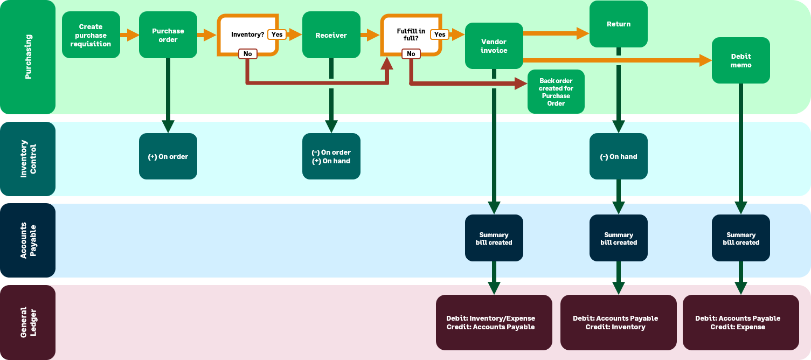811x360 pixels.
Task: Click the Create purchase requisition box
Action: [91, 35]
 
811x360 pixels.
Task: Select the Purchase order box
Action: [168, 35]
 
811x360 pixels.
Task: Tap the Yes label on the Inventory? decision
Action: [277, 34]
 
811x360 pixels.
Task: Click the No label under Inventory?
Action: [248, 54]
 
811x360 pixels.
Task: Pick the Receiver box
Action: [331, 35]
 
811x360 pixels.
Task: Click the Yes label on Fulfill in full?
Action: [440, 34]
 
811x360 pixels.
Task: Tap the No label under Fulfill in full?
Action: [411, 54]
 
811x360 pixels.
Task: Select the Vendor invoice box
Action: [494, 46]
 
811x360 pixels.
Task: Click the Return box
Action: [618, 24]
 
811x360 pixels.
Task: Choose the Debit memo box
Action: [740, 60]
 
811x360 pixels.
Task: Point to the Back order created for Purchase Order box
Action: [556, 92]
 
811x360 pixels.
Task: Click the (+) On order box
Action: [168, 156]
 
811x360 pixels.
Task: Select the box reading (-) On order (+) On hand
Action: [331, 156]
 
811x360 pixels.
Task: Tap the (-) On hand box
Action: [618, 156]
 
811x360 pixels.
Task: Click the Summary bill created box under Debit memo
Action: [740, 238]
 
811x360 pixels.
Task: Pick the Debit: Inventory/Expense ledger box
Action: [494, 322]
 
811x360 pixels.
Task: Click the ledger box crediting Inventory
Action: [618, 322]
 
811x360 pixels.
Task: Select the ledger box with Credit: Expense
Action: [740, 322]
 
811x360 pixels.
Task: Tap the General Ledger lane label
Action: [27, 322]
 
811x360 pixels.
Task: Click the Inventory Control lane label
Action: [27, 159]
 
